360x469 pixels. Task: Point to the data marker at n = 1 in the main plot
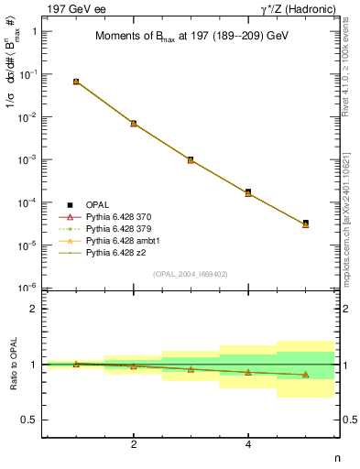click(76, 82)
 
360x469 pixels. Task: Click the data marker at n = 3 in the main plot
click(191, 159)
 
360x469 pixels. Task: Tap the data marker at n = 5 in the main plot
click(305, 223)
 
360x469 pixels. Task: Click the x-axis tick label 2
click(134, 444)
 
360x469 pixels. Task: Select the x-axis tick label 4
click(248, 444)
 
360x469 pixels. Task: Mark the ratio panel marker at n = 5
click(305, 375)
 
